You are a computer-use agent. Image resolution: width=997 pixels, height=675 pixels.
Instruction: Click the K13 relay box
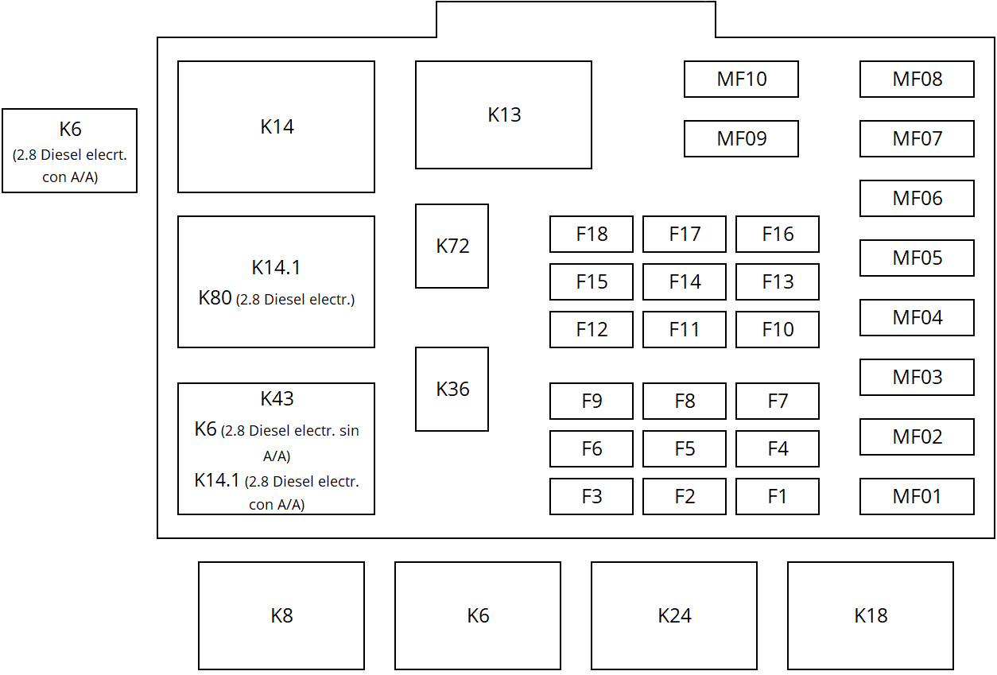pos(503,114)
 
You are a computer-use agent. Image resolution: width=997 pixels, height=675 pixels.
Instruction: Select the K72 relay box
pos(452,246)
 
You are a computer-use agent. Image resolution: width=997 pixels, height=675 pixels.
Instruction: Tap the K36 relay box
pos(452,389)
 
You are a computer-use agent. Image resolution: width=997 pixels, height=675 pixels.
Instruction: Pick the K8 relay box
pos(281,615)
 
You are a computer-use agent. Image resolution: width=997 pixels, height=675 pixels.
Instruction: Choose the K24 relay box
pos(674,615)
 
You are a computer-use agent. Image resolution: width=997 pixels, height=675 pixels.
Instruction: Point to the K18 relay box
pos(871,615)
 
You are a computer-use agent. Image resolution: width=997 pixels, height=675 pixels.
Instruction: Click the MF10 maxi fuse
pos(741,79)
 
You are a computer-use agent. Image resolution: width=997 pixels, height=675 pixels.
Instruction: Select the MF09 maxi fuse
pos(741,138)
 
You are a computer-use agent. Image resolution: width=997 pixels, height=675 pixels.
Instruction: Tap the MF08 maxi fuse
pos(917,79)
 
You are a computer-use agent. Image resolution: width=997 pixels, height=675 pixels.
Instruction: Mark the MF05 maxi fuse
pos(917,258)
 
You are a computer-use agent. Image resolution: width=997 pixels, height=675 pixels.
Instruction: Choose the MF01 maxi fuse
pos(917,496)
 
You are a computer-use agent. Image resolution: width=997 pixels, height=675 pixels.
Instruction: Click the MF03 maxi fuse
pos(917,377)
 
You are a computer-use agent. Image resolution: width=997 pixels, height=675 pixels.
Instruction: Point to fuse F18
pos(592,234)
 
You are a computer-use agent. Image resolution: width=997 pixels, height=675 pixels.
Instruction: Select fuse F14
pos(685,281)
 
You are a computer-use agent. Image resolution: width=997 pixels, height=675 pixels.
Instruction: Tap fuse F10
pos(778,329)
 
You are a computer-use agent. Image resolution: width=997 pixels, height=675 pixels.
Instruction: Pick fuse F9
pos(592,401)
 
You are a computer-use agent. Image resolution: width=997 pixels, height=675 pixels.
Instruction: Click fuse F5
pos(685,448)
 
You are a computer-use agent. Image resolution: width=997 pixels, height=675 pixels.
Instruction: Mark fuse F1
pos(778,496)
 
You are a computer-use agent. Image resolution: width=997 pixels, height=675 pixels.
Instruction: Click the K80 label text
pos(215,298)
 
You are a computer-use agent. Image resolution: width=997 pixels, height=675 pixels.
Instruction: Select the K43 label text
pos(277,398)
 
